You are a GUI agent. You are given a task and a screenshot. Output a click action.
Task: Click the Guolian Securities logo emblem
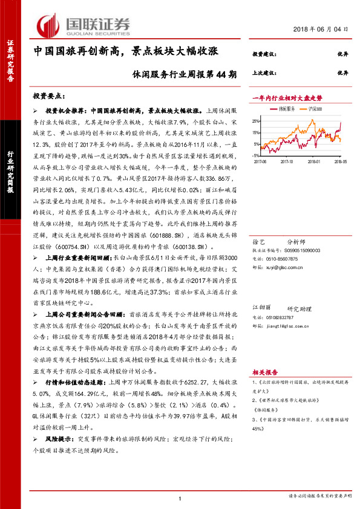pos(47,24)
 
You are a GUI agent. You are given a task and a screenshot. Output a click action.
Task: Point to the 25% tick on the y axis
pos(257,120)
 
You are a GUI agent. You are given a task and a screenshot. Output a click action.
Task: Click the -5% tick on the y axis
pos(257,155)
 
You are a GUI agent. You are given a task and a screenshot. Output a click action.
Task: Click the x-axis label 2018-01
pos(313,161)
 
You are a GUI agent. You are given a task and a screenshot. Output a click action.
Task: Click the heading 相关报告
pos(264,373)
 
